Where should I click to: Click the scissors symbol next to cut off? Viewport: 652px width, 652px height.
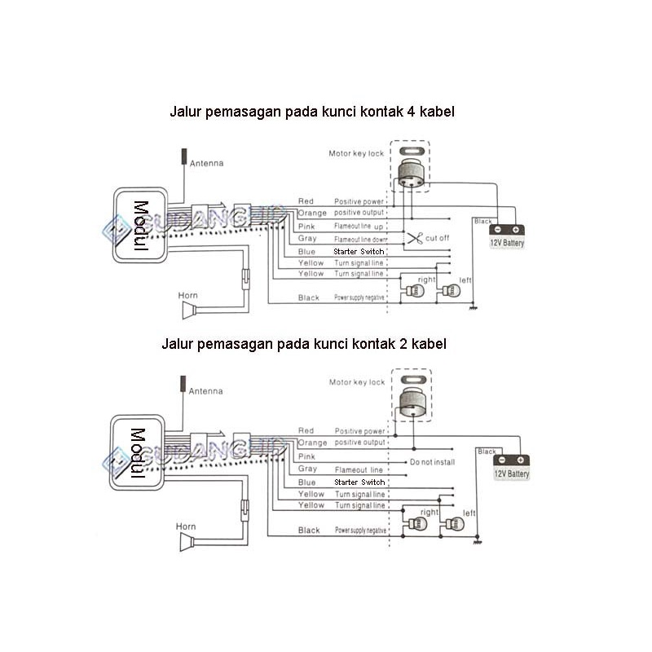tap(415, 239)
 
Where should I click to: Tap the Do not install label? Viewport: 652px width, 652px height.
tap(432, 462)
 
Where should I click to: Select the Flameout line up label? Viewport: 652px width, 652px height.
tap(359, 226)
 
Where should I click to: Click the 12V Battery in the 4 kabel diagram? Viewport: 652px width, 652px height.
tap(507, 237)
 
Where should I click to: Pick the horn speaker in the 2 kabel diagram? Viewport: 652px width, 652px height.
tap(190, 542)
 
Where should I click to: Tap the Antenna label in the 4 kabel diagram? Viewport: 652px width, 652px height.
tap(206, 163)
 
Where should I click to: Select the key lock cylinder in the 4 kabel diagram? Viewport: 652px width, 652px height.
tap(412, 173)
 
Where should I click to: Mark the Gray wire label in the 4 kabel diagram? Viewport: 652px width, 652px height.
tap(307, 239)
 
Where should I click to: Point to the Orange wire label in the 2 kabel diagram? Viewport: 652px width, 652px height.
tap(312, 443)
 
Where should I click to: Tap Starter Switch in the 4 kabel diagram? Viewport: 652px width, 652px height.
tap(359, 252)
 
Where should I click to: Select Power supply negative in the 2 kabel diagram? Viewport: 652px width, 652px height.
tap(359, 531)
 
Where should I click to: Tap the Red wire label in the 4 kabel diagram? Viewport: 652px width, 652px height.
tap(306, 201)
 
